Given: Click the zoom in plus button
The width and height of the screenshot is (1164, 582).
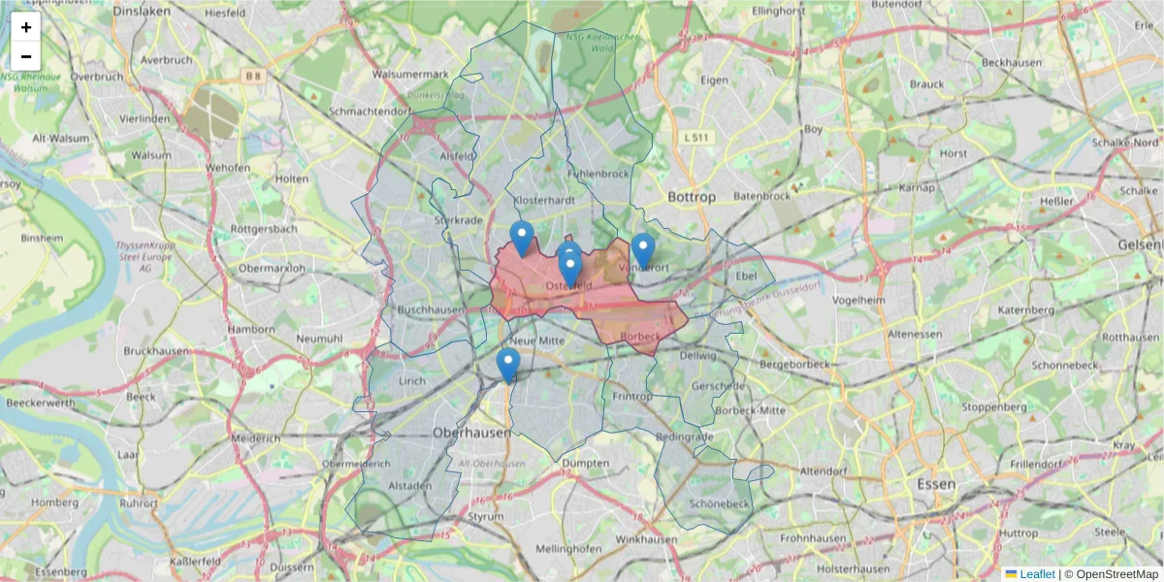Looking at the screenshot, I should click(x=26, y=27).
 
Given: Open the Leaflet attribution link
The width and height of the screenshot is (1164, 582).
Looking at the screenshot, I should click(x=1037, y=574).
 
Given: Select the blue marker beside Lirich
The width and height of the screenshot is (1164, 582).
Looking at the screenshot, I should click(x=507, y=365).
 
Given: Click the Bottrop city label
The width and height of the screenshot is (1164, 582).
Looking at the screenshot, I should click(x=692, y=197).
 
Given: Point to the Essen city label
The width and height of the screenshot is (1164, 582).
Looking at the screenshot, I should click(x=936, y=483).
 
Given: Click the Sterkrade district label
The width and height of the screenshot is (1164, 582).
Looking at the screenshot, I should click(x=458, y=220).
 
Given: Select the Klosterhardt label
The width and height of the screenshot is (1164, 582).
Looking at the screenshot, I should click(x=544, y=200).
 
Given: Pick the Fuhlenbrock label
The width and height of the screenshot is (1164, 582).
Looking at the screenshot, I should click(x=598, y=175).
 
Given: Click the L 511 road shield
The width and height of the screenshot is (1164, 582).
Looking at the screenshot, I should click(x=696, y=138).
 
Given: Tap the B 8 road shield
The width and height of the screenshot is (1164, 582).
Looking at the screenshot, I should click(x=253, y=75).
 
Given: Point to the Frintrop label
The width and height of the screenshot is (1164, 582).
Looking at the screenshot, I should click(x=632, y=397).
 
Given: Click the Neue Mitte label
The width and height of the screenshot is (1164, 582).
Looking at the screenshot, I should click(x=536, y=340).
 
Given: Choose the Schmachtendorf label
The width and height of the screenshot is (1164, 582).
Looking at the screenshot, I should click(x=370, y=112).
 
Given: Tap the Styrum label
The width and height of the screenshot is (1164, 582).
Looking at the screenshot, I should click(x=486, y=517).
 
